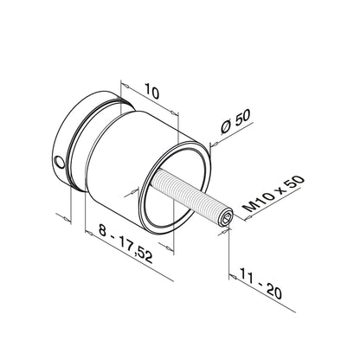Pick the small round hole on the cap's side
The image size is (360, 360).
[58, 161]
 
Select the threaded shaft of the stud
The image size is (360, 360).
[190, 202]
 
